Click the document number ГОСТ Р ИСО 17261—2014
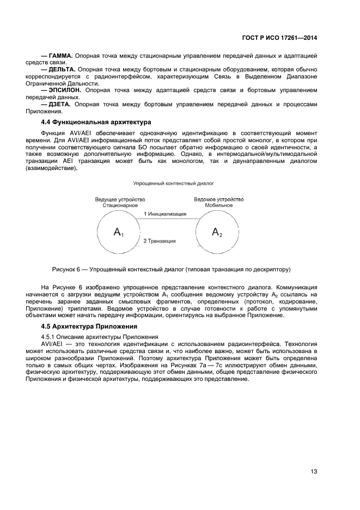(x=279, y=38)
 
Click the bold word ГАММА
(x=60, y=56)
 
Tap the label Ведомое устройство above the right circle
(x=219, y=199)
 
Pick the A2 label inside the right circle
(x=217, y=233)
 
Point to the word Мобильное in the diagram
(x=219, y=205)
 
